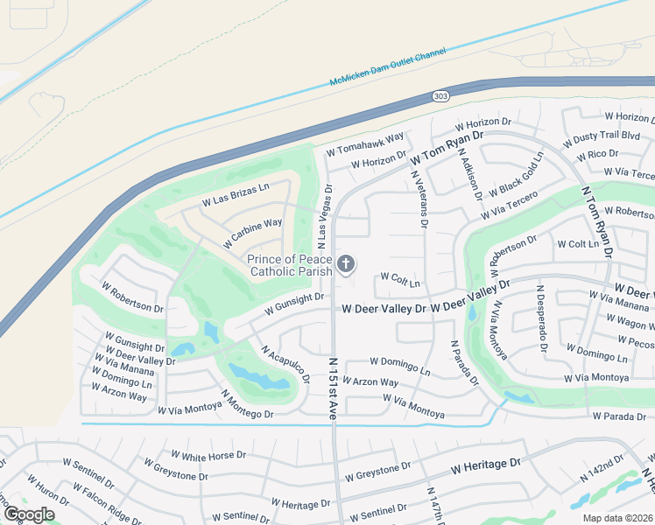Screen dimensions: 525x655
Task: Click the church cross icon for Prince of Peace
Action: pyautogui.click(x=346, y=263)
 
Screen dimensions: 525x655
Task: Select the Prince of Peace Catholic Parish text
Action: pyautogui.click(x=290, y=265)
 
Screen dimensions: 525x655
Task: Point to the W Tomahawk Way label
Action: pyautogui.click(x=365, y=144)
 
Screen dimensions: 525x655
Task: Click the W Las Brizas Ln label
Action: pyautogui.click(x=235, y=194)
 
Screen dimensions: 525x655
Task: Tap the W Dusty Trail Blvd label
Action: pyautogui.click(x=603, y=136)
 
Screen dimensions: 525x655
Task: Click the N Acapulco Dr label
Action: pyautogui.click(x=285, y=363)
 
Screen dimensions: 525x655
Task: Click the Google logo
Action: pyautogui.click(x=29, y=514)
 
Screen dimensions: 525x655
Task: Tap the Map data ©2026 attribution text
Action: pyautogui.click(x=618, y=518)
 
